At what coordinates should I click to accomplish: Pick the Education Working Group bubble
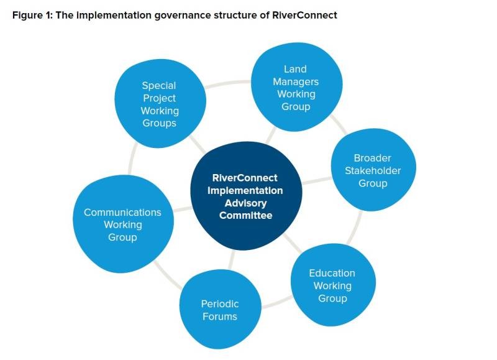point(332,286)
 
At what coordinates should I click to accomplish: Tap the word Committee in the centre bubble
point(245,215)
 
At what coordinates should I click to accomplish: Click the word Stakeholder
point(373,170)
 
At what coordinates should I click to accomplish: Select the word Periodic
point(220,304)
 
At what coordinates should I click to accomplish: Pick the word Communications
point(122,212)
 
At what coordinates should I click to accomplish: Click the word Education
point(332,273)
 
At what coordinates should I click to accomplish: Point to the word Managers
point(296,81)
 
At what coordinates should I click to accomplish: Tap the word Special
point(159,85)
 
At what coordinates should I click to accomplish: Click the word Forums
point(219,316)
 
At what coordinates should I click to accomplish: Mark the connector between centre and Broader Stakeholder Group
point(317,181)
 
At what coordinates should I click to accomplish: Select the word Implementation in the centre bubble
point(245,190)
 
